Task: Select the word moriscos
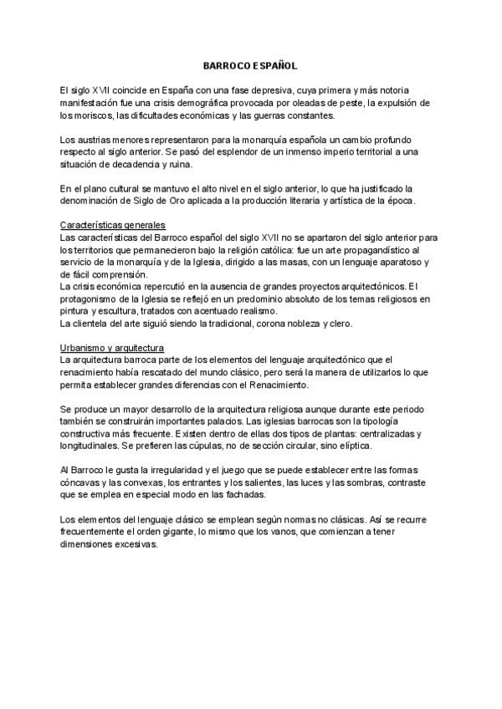click(x=87, y=115)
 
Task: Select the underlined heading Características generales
click(x=113, y=226)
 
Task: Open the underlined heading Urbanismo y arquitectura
click(x=113, y=347)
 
